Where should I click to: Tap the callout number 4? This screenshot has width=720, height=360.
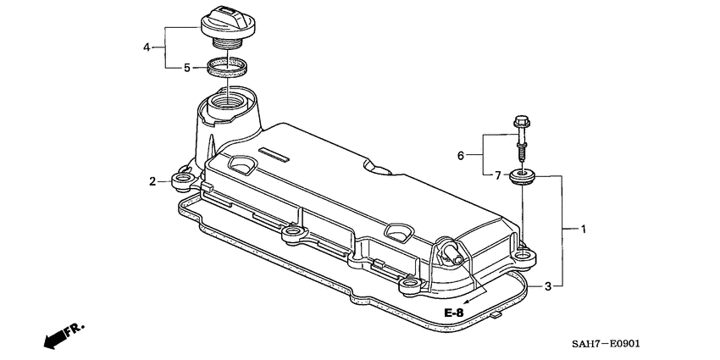click(147, 47)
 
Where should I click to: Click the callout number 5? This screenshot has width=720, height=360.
click(187, 68)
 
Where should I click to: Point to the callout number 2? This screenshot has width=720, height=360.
click(152, 181)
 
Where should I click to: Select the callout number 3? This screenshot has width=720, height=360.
click(548, 285)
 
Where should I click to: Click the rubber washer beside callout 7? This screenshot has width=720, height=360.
click(522, 176)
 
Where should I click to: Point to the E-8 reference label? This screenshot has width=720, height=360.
click(455, 313)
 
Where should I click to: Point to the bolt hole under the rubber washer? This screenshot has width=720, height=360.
click(523, 252)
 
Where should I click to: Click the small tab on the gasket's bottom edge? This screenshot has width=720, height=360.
click(493, 315)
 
